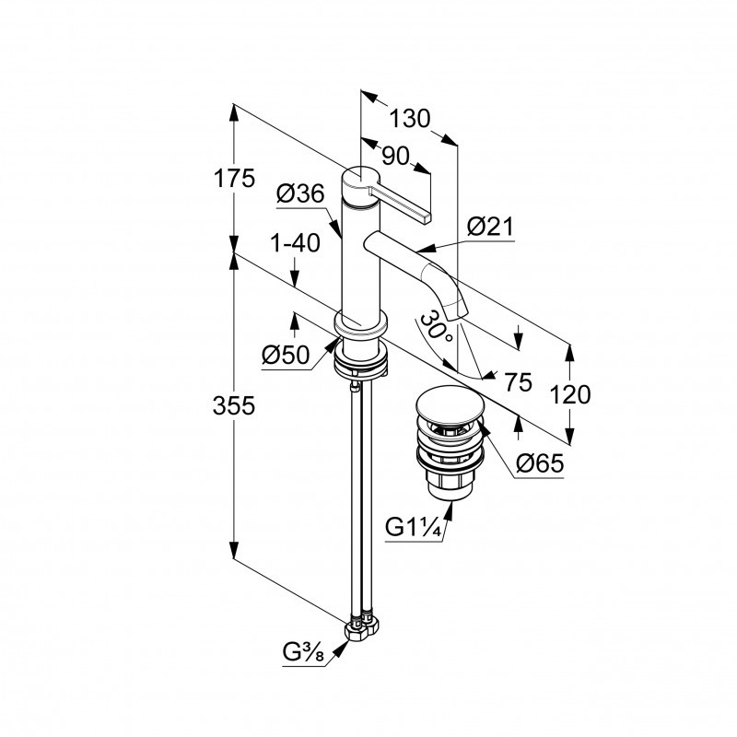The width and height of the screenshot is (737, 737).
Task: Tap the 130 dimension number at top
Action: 409,119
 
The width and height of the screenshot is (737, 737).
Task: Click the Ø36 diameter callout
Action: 299,194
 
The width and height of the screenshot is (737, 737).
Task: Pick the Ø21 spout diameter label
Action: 489,228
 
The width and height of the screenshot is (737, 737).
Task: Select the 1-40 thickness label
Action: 295,244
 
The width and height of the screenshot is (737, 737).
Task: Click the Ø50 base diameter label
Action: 284,354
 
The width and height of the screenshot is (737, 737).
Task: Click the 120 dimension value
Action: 571,395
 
